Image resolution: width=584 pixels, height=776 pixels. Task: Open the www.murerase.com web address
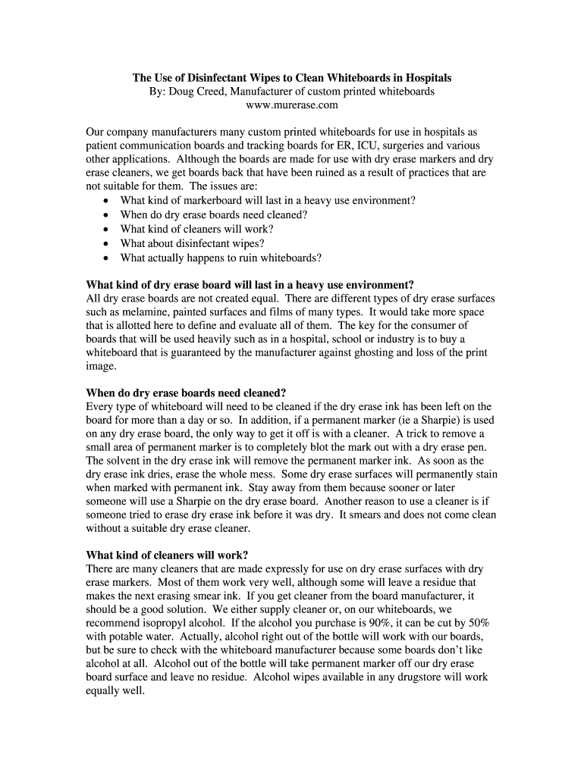tap(292, 105)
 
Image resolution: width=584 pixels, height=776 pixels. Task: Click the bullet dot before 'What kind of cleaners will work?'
tap(105, 230)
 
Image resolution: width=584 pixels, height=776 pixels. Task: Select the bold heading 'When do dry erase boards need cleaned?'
tap(186, 393)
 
